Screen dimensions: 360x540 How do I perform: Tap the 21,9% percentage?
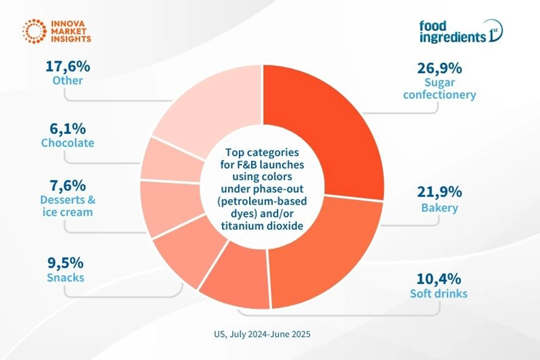coord(439,192)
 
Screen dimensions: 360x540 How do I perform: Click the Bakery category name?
coord(439,208)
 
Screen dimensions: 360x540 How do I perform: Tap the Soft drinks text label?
coord(439,294)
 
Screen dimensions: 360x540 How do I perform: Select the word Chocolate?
coord(67,143)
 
